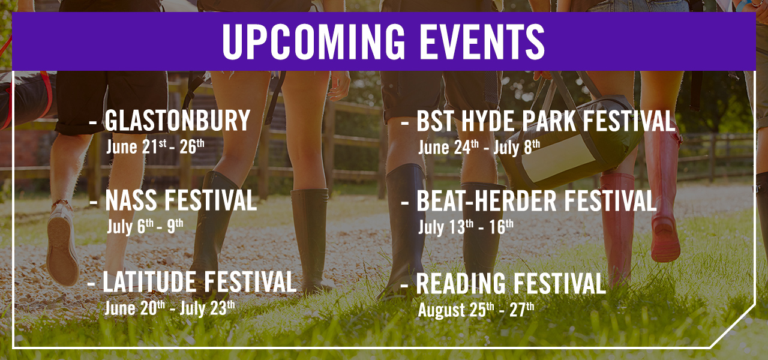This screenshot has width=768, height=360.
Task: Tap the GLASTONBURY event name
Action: (x=178, y=121)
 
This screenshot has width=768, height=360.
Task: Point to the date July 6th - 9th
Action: (x=145, y=227)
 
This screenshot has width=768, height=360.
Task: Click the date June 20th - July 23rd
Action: (x=169, y=308)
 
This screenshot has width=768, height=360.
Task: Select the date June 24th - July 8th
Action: (x=479, y=147)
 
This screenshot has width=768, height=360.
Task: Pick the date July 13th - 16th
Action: (x=466, y=227)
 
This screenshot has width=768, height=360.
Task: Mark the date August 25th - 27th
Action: (x=476, y=310)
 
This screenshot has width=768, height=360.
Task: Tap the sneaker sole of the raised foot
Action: (x=62, y=243)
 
